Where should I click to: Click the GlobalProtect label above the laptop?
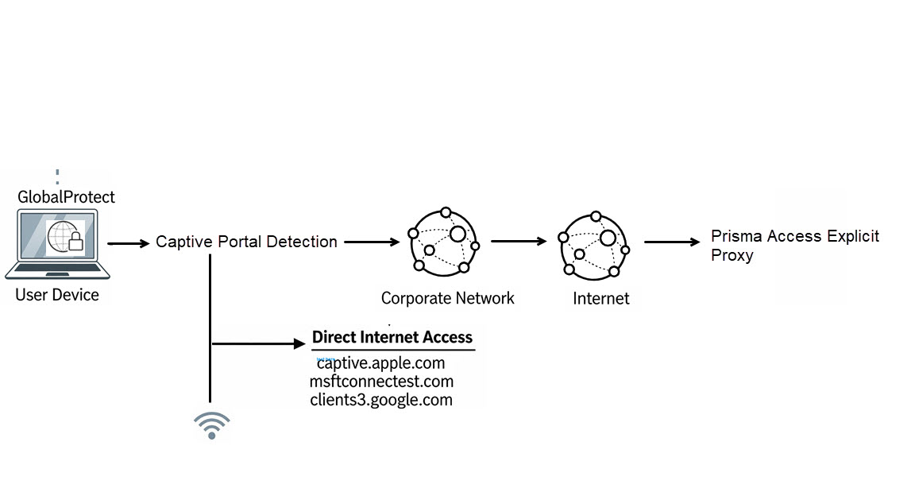tap(66, 196)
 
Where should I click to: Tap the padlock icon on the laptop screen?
tap(76, 242)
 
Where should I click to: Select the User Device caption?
tap(57, 295)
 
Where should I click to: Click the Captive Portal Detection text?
tap(246, 242)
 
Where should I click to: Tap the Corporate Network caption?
tap(447, 299)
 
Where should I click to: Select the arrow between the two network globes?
tap(518, 240)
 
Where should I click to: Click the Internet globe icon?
tap(593, 244)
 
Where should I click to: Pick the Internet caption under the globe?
tap(600, 299)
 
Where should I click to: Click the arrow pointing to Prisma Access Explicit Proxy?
tap(671, 242)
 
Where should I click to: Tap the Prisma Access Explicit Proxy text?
tap(794, 246)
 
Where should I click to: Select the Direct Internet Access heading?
tap(392, 337)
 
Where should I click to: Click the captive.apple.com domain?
tap(381, 364)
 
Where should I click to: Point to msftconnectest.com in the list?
tap(381, 382)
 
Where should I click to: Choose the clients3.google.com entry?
tap(381, 399)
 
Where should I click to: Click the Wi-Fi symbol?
tap(212, 425)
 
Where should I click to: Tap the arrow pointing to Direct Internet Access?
tap(259, 344)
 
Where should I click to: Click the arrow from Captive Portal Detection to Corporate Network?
tap(371, 242)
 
